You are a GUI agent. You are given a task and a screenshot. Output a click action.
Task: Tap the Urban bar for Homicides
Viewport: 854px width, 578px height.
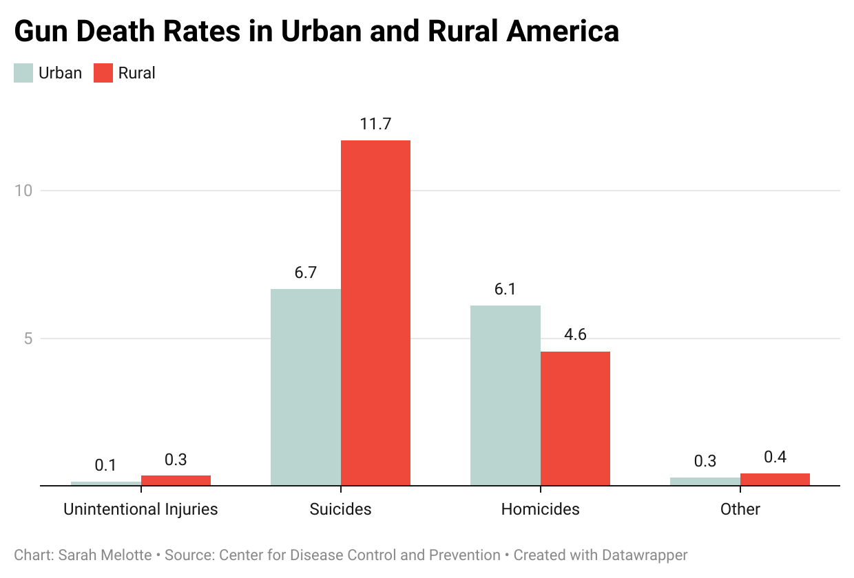click(x=506, y=396)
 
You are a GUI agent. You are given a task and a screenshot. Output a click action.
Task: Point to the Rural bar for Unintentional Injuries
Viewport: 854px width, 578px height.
click(x=176, y=480)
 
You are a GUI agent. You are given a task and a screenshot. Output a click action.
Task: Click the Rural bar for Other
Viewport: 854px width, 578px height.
click(x=775, y=479)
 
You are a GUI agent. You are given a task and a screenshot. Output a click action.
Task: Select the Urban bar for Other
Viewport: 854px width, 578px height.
click(x=705, y=481)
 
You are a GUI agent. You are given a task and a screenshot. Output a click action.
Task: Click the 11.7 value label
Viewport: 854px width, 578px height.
click(x=375, y=125)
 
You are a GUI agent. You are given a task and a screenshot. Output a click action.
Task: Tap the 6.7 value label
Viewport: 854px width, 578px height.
click(x=306, y=272)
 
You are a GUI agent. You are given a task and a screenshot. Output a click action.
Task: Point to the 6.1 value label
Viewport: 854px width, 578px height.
click(x=506, y=289)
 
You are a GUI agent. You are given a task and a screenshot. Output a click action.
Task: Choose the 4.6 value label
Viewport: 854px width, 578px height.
click(x=575, y=335)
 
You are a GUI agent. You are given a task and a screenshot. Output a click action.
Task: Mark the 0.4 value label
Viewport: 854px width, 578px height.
click(x=775, y=457)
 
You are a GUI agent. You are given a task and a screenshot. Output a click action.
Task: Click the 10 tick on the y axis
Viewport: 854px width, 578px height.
click(x=24, y=191)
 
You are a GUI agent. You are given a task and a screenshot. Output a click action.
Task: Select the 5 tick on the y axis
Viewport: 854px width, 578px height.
click(x=28, y=339)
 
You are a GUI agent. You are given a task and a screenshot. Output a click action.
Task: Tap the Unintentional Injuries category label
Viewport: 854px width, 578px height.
click(x=140, y=509)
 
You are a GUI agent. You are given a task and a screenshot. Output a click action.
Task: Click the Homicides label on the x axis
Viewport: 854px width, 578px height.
click(x=541, y=509)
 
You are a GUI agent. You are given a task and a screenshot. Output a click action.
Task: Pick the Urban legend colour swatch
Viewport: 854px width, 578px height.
click(x=23, y=73)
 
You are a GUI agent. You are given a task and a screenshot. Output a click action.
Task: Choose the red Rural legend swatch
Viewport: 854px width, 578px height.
click(x=103, y=73)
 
